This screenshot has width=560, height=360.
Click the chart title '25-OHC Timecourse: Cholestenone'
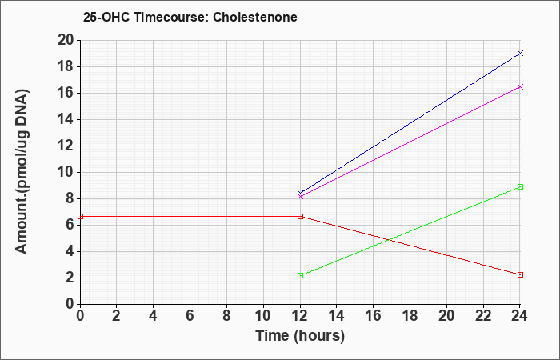190,17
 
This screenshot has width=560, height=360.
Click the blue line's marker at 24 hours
520,54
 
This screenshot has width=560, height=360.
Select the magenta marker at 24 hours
520,86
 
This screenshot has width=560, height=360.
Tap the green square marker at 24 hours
520,186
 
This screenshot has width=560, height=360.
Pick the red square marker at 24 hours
520,274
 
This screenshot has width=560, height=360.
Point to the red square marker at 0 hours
80,217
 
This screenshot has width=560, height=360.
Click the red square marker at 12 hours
300,217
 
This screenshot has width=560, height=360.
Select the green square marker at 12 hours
300,275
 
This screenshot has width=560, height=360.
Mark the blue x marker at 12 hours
300,194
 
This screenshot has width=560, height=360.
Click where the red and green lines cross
389,240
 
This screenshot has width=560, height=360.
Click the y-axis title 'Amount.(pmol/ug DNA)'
22,172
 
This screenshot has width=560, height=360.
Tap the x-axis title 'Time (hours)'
300,336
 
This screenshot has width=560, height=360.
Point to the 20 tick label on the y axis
66,40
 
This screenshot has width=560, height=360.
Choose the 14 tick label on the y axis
66,120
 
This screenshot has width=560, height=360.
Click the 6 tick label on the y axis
70,225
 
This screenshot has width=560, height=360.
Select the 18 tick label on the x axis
410,316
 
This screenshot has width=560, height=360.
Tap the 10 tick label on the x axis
263,316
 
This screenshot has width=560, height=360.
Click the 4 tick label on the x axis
154,316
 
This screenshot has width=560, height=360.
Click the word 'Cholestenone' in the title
255,17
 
